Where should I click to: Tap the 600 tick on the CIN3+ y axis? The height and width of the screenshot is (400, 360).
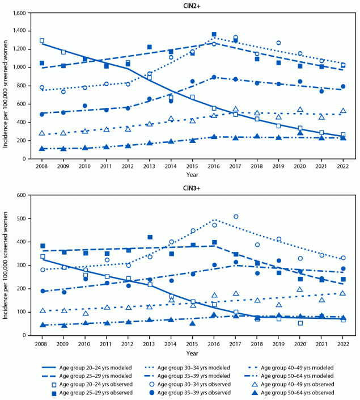coord(30,195)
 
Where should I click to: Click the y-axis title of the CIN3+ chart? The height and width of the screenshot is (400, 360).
coord(7,265)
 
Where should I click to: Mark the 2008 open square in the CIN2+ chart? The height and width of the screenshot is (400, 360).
coord(42,41)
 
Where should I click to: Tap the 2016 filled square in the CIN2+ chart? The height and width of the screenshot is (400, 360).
coord(214,35)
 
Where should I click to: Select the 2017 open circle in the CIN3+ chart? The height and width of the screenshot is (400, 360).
coord(235,216)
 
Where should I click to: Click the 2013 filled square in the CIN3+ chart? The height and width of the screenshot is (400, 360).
coord(150,237)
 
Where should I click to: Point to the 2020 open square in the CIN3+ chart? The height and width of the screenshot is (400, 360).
coord(300,323)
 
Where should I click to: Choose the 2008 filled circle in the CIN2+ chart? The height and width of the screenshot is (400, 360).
coord(42,114)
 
